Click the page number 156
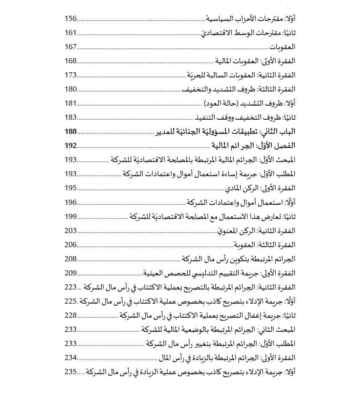coord(71,18)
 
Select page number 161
coord(71,33)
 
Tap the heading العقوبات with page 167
coord(282,47)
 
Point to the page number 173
coord(71,75)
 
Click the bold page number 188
coord(71,131)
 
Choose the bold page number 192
coord(71,145)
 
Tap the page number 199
coord(71,216)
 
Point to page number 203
coord(71,231)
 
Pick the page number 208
coord(71,259)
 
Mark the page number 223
coord(71,287)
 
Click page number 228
coord(71,315)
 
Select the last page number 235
coord(71,372)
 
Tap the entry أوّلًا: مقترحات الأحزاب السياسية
coord(251,18)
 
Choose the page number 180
coord(71,89)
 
